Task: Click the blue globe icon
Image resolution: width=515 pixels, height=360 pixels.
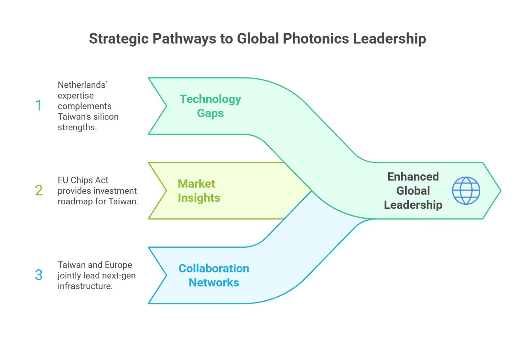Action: pos(466,191)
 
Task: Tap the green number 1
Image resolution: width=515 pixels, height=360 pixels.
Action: pos(38,106)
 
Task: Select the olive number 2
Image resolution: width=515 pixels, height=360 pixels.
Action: pos(39,190)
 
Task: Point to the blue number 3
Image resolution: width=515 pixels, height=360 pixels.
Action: pos(39,275)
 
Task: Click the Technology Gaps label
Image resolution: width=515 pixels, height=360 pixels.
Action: pos(210,106)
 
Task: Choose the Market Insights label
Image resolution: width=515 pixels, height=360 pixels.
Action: pos(199,191)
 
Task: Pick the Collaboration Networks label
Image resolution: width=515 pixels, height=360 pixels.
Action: pos(214,275)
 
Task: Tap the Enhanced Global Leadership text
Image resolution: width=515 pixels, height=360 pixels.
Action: pos(413,191)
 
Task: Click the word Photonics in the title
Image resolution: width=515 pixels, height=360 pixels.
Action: pos(316,39)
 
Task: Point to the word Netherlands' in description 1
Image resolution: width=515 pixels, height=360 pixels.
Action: pos(82,85)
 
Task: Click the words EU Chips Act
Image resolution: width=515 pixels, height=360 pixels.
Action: pos(83,180)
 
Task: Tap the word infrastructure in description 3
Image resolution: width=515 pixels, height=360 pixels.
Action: pos(85,286)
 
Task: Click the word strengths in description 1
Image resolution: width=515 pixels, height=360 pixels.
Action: pos(77,127)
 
